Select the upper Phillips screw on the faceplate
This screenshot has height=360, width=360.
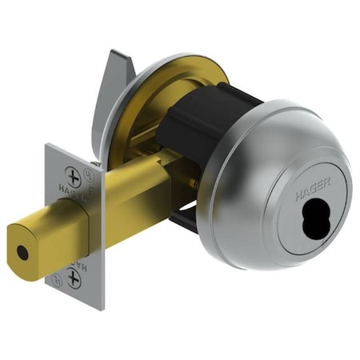[x=75, y=175]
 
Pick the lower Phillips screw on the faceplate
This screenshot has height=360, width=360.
[x=74, y=277]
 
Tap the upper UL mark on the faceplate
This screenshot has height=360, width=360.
[x=93, y=170]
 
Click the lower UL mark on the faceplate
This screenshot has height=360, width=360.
[x=56, y=280]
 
